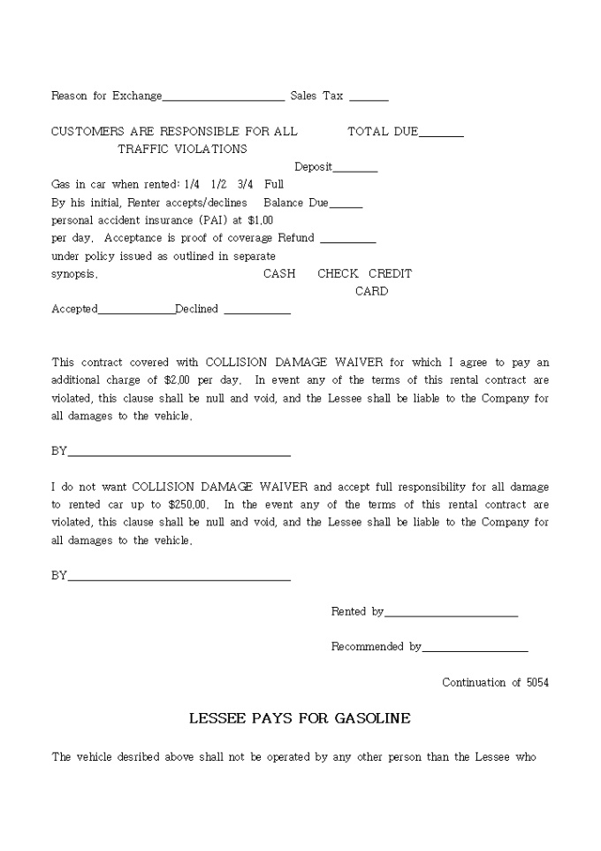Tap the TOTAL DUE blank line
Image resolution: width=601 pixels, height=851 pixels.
click(441, 135)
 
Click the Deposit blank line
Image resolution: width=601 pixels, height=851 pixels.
click(355, 170)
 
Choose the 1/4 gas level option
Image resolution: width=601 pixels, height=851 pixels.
click(192, 185)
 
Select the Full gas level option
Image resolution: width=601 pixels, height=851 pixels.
click(274, 185)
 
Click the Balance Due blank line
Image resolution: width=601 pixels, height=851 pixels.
click(346, 206)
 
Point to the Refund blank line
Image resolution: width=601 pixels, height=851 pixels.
click(347, 241)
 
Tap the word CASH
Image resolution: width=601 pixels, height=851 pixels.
click(279, 274)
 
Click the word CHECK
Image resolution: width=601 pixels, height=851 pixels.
click(338, 274)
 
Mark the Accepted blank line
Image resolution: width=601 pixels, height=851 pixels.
click(136, 312)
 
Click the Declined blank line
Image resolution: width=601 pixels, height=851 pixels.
click(257, 312)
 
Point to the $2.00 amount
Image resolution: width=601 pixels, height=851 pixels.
click(177, 380)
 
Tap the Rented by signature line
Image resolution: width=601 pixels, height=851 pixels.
click(451, 615)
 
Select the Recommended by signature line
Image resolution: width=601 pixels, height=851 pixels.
click(475, 650)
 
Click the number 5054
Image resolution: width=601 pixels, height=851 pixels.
click(537, 683)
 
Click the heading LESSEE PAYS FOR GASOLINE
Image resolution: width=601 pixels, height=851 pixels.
click(300, 718)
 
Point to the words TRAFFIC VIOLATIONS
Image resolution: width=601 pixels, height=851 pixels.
click(182, 149)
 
